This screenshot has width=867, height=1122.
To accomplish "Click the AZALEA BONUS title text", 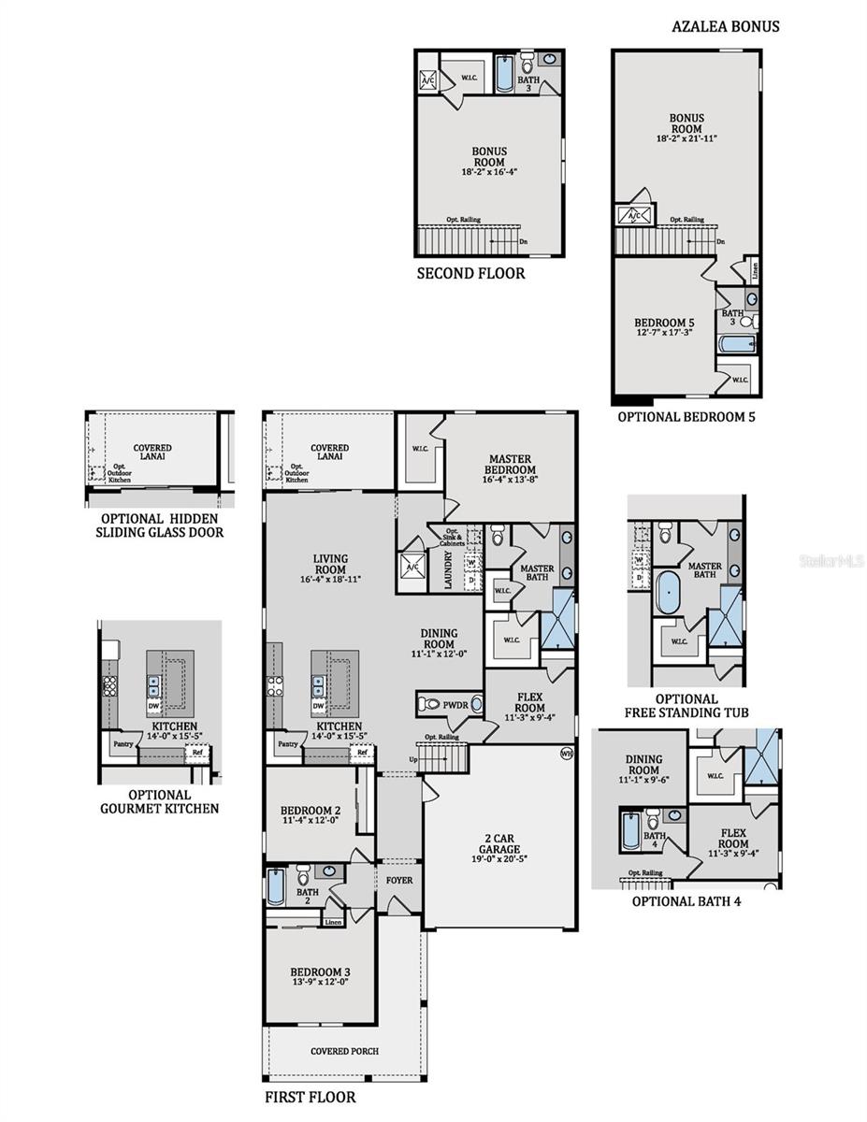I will [x=725, y=26].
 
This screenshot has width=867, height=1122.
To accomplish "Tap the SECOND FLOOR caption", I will [x=470, y=274].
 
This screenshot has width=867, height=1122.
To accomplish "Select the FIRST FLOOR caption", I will [x=311, y=1097].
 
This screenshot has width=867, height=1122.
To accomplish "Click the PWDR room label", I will [x=455, y=704].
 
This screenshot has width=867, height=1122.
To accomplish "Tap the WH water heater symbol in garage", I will [x=566, y=753].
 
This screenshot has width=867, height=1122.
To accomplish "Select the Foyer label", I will [x=399, y=880].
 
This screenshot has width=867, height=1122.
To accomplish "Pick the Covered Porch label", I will [x=344, y=1051].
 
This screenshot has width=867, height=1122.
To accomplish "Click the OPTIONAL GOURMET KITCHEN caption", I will [x=160, y=801].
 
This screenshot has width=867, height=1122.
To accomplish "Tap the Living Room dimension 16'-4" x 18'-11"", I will [x=330, y=580].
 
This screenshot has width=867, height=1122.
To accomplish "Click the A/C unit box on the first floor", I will [x=412, y=567].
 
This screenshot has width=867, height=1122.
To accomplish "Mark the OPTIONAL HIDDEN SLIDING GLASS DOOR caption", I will [x=159, y=525].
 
